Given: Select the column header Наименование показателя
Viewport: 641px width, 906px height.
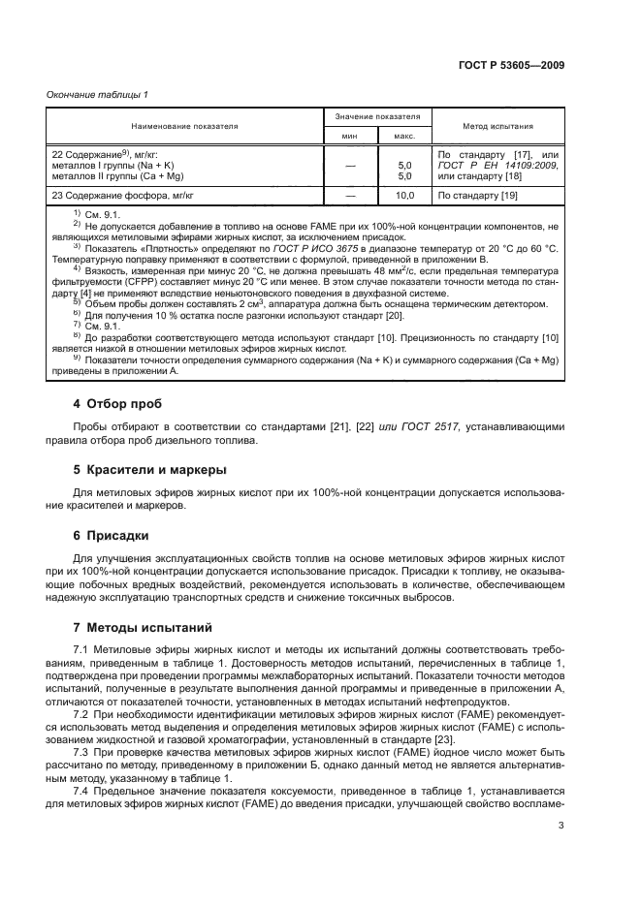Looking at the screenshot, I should click(x=185, y=126).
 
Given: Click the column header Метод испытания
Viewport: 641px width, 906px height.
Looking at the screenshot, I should click(x=497, y=126).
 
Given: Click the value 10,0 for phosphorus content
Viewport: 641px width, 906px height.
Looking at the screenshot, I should click(x=406, y=196).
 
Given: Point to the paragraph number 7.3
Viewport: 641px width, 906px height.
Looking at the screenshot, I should click(x=82, y=752).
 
